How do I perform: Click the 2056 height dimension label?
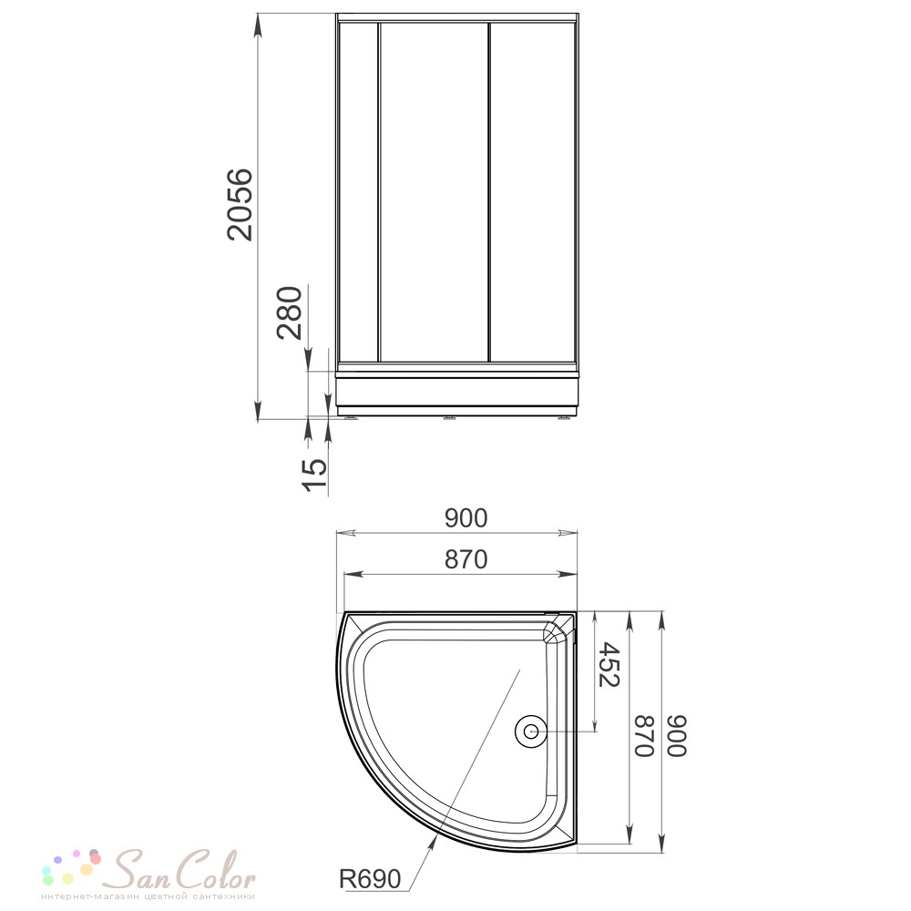[x=241, y=204]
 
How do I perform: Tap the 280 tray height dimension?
[x=290, y=312]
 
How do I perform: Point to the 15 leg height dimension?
[x=315, y=475]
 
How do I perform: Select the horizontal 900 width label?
[x=466, y=518]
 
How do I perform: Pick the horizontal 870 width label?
[x=466, y=559]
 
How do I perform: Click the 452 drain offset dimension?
[x=609, y=664]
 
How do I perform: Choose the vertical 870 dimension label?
[x=645, y=735]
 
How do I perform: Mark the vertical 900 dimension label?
[x=677, y=735]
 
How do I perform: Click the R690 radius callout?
[x=370, y=879]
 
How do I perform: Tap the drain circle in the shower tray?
[x=530, y=731]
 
